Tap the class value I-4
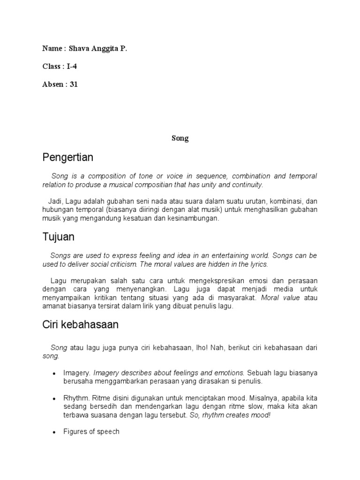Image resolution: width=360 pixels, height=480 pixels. (72, 67)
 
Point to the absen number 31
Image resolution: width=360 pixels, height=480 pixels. (74, 85)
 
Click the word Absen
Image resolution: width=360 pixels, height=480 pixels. (52, 85)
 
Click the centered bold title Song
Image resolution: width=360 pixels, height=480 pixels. (180, 138)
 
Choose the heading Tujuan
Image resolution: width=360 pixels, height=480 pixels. (58, 237)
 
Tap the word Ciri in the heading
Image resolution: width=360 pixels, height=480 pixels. (51, 324)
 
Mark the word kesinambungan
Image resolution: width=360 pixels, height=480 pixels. (193, 218)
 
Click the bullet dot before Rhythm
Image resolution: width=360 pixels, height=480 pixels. (54, 398)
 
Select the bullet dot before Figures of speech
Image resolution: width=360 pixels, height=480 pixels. (54, 432)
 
